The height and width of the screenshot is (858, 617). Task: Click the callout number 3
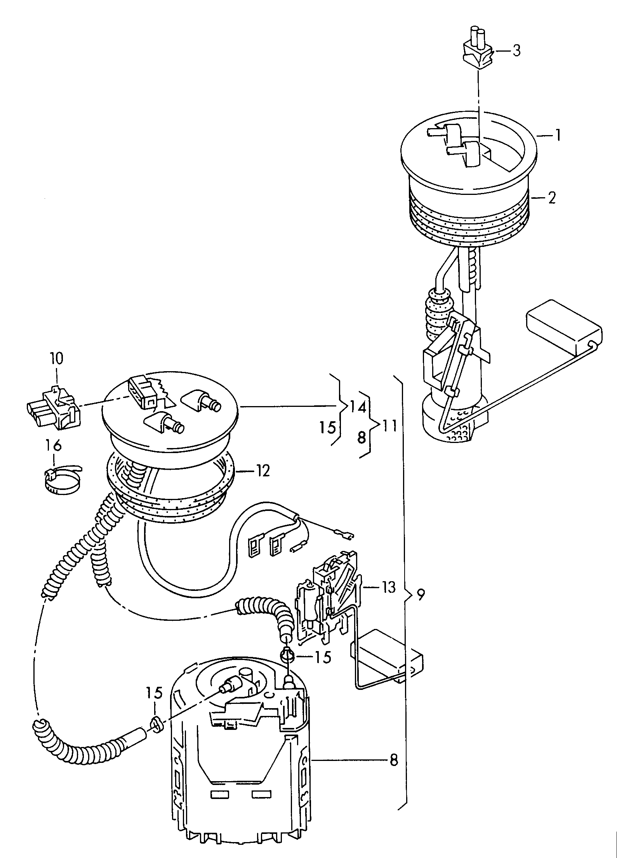[x=516, y=51]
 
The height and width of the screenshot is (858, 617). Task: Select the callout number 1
[x=557, y=135]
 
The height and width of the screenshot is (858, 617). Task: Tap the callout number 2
[x=552, y=198]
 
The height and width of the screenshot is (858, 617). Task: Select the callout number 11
[x=390, y=426]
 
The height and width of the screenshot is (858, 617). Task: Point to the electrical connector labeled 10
[x=53, y=408]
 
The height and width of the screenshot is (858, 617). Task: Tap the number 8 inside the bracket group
[x=362, y=438]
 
